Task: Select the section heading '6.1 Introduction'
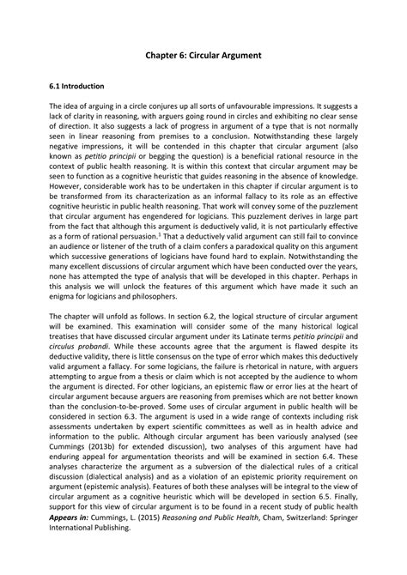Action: (76, 87)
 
